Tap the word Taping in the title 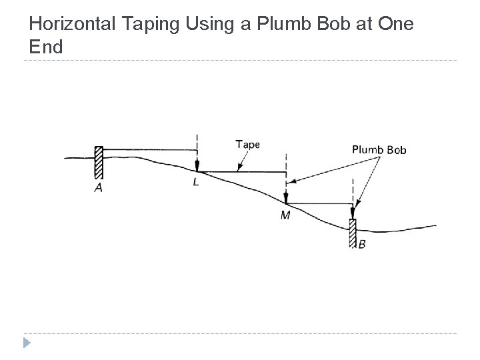tap(141, 25)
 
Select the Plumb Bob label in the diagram tap(379, 149)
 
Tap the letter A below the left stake tap(98, 189)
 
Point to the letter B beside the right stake tap(362, 244)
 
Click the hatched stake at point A tap(99, 163)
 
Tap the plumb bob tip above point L tap(197, 167)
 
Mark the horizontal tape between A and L tap(150, 149)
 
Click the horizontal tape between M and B tap(320, 203)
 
